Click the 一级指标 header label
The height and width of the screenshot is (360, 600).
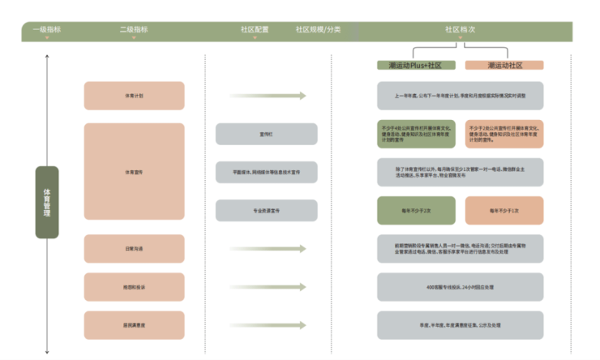(46, 29)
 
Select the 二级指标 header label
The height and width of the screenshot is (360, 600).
(134, 29)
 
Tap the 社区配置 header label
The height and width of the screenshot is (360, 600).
(254, 29)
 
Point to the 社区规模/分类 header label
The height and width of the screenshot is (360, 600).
(318, 29)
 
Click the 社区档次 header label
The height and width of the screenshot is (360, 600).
(460, 29)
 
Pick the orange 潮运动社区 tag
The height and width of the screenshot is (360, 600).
(504, 65)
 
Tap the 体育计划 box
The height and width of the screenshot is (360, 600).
(134, 96)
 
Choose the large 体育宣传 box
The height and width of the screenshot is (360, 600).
(134, 171)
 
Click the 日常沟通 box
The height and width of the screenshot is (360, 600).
(134, 248)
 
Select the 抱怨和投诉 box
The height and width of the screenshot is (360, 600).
(134, 287)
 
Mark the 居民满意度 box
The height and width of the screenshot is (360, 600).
(134, 325)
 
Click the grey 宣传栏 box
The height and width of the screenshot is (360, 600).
(266, 134)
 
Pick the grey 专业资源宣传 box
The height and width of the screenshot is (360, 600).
(266, 210)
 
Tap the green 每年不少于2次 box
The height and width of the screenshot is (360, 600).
(416, 210)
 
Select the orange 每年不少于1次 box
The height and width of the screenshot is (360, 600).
(504, 210)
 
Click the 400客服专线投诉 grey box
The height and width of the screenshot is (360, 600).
(460, 287)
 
